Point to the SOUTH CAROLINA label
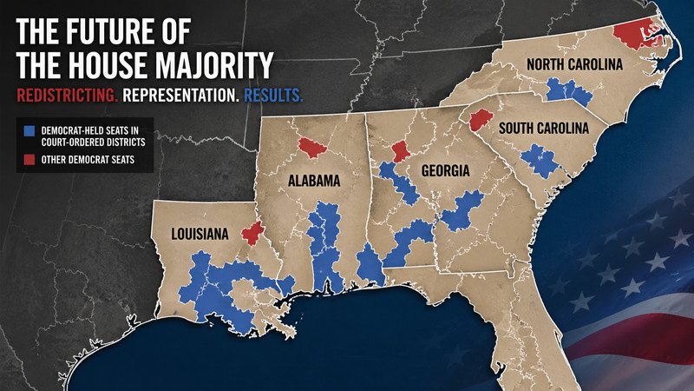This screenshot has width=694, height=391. tap(542, 129)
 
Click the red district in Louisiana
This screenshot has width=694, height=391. tap(252, 234)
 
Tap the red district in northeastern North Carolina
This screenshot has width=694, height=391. tap(639, 32)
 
